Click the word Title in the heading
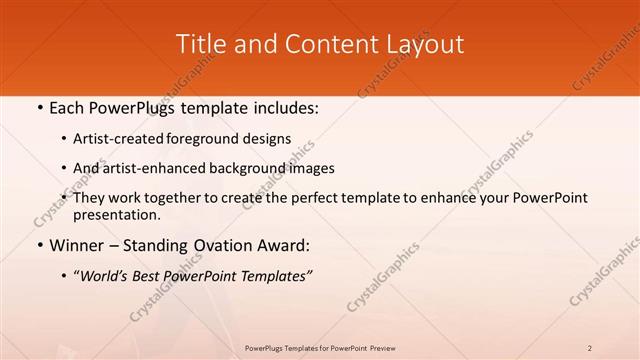(200, 44)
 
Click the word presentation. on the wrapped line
(116, 215)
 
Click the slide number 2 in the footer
(590, 347)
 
